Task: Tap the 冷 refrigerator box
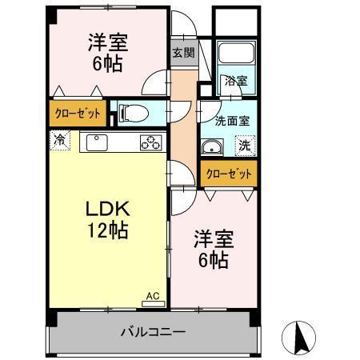(60, 140)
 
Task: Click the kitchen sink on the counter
(98, 142)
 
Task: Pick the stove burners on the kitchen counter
(150, 142)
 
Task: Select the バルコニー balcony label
(153, 330)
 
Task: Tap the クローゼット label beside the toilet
(78, 113)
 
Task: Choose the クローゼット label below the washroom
(229, 173)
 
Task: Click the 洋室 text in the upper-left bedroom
(106, 43)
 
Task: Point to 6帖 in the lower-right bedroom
(213, 260)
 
